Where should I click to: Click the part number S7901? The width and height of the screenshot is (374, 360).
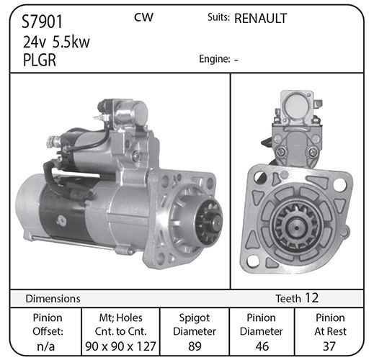pyautogui.click(x=42, y=22)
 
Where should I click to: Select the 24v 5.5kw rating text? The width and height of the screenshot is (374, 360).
pyautogui.click(x=56, y=42)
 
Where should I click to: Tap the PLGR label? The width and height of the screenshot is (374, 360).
pyautogui.click(x=40, y=60)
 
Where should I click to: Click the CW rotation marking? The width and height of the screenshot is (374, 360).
pyautogui.click(x=143, y=17)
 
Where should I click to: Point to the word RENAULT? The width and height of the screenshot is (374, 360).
pyautogui.click(x=261, y=19)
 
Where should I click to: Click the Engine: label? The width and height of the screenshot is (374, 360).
pyautogui.click(x=215, y=59)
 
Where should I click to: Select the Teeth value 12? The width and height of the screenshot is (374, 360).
pyautogui.click(x=312, y=298)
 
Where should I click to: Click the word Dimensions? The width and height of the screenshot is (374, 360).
pyautogui.click(x=53, y=299)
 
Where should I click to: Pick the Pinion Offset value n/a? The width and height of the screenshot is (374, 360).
pyautogui.click(x=46, y=346)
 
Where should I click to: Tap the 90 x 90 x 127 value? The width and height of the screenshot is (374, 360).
pyautogui.click(x=120, y=346)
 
